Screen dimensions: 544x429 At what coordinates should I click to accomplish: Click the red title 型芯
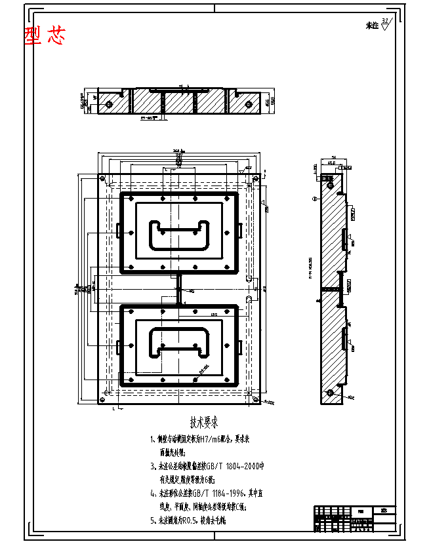[45, 36]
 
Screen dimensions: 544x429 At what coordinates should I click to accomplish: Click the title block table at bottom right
[354, 520]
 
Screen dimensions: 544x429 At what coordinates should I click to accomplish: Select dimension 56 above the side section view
[333, 158]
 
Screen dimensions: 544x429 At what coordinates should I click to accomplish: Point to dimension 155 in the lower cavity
[214, 315]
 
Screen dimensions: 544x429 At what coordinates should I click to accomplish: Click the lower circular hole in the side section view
[331, 393]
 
